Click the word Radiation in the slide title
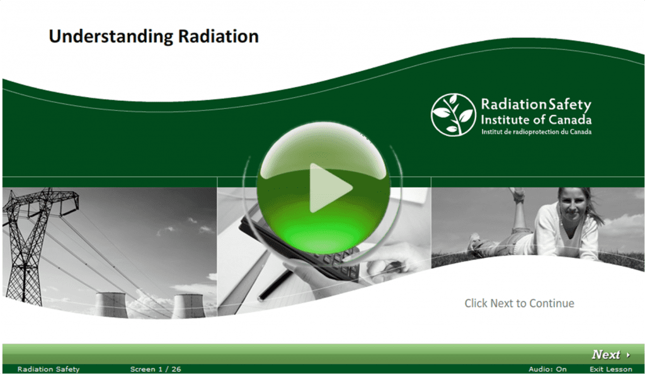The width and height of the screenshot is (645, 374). tap(218, 37)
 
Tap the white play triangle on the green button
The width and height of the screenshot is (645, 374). tap(329, 187)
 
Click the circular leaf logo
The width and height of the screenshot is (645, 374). tap(453, 114)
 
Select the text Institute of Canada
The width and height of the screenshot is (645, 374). tap(535, 119)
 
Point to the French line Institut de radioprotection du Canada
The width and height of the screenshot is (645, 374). tap(535, 132)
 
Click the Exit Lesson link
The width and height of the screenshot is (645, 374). tap(610, 369)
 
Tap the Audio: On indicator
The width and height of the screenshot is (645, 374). tap(547, 369)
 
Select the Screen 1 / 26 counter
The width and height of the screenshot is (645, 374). tap(156, 369)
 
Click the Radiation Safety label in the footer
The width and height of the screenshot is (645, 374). tap(49, 369)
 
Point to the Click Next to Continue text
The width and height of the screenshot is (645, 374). tap(519, 303)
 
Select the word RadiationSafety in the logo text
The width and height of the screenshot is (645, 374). tap(535, 105)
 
